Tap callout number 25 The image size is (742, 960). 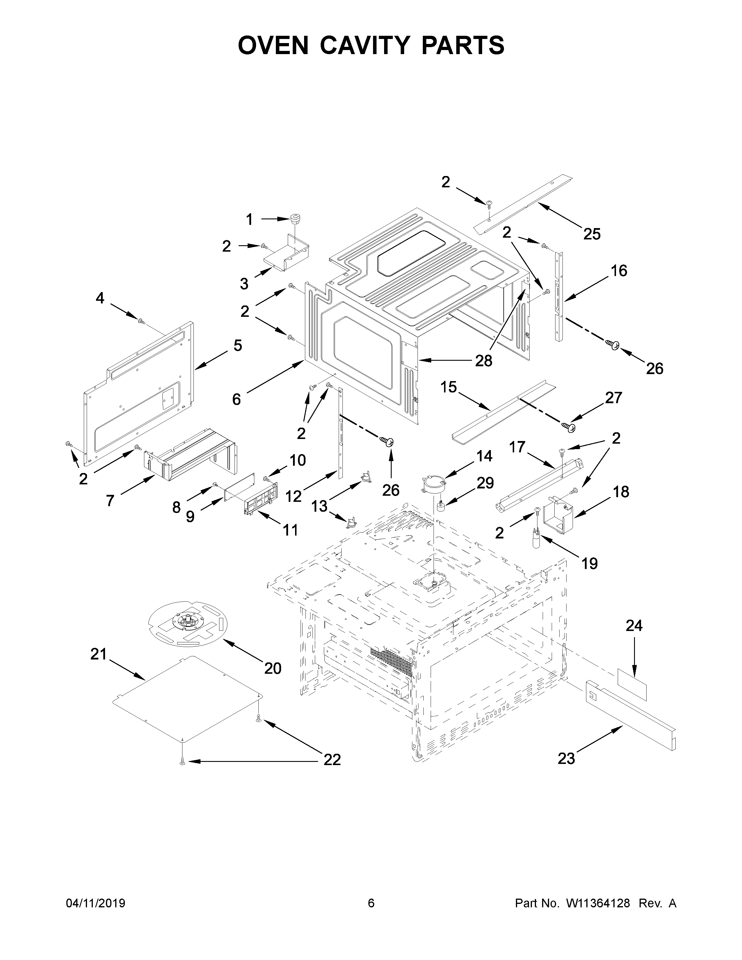[x=591, y=234]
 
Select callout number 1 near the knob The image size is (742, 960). [x=249, y=219]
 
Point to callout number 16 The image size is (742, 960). [x=619, y=271]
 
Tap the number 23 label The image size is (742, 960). [x=566, y=758]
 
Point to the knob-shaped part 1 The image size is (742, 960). [x=297, y=218]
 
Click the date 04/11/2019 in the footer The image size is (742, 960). [x=95, y=915]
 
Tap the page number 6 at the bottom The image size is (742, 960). [x=371, y=915]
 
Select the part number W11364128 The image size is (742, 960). [x=598, y=915]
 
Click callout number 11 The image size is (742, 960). [x=290, y=530]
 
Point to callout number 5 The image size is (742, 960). [x=237, y=346]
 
